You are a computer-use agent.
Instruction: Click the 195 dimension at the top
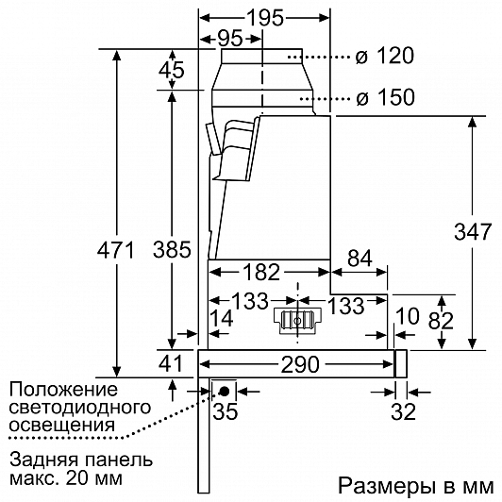coord(265,18)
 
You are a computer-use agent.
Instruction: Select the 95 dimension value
coord(230,39)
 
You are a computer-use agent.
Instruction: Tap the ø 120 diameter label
coord(384,56)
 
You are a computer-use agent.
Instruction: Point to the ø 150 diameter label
coord(385,97)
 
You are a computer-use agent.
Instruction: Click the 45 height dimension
coord(172,70)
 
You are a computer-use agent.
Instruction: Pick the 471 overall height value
coord(116,250)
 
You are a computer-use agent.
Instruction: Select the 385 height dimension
coord(172,249)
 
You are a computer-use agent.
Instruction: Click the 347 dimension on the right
coord(473,231)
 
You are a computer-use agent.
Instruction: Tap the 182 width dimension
coord(261,273)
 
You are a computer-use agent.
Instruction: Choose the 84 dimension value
coord(360,258)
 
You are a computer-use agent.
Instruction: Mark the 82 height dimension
coord(441,321)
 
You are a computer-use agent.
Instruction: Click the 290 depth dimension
coord(300,364)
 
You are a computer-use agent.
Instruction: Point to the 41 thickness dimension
coord(170,363)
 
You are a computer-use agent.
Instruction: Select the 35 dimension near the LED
coord(226,411)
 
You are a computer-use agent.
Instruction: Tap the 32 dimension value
coord(403,411)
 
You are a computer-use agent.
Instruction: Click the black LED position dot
coord(224,391)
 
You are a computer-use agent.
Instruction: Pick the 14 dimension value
coord(221,319)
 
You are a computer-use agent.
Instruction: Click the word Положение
coord(63,390)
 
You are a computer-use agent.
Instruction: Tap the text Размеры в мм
coord(416,486)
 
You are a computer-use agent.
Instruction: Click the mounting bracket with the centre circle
coord(298,321)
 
